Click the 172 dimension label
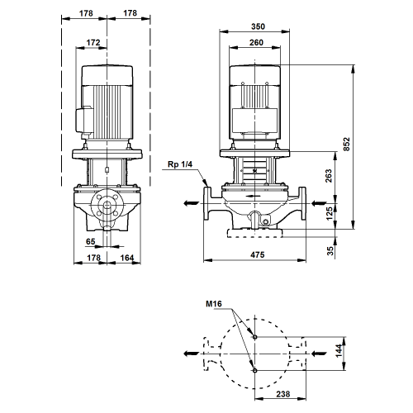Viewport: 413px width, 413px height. click(93, 43)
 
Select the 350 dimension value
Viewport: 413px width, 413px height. click(258, 26)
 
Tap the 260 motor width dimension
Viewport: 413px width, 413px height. click(256, 43)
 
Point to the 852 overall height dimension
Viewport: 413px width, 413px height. click(347, 144)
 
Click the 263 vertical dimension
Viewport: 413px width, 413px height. click(329, 176)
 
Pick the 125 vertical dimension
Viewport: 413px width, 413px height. click(330, 214)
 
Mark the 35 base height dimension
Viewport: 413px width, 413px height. click(330, 250)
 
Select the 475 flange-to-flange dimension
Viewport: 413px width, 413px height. click(258, 254)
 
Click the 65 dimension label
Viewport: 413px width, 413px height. click(91, 241)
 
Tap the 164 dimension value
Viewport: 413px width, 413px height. click(127, 258)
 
